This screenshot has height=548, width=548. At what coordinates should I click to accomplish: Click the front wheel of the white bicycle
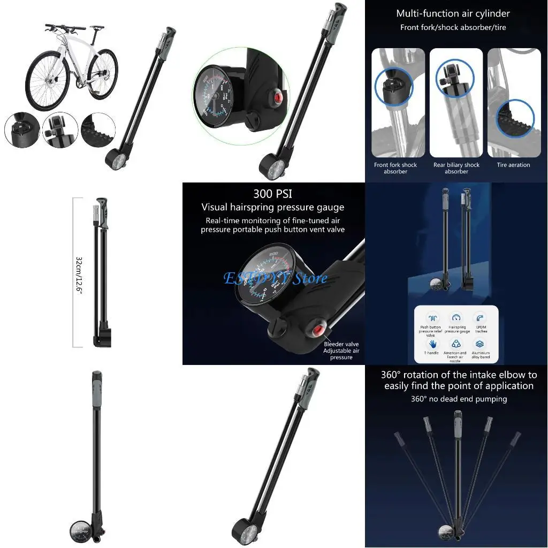(48, 80)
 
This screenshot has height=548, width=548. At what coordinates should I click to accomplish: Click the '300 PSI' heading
(272, 193)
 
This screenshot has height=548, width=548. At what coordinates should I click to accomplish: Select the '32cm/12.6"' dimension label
(79, 273)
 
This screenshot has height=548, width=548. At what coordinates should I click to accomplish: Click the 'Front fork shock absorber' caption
(395, 168)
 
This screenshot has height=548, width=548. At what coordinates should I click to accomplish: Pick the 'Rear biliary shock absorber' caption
(456, 168)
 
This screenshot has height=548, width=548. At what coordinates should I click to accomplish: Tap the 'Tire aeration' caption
(513, 165)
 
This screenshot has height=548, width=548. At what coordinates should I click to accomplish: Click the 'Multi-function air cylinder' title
(453, 13)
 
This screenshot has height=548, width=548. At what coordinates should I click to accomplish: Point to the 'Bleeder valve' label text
(341, 344)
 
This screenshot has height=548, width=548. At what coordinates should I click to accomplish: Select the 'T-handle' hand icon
(432, 344)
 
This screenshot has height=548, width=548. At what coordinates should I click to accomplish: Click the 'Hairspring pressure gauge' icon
(456, 318)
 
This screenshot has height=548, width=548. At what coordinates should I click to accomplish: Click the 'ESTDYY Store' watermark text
(275, 278)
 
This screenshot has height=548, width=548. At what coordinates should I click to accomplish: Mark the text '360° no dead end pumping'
(459, 399)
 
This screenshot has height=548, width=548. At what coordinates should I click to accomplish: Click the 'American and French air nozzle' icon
(456, 344)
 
